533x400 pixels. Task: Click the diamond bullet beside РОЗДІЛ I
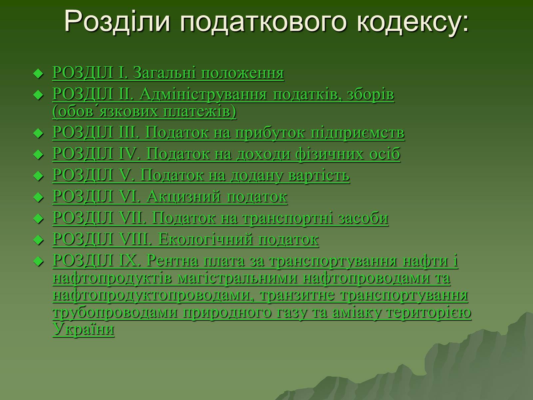38,73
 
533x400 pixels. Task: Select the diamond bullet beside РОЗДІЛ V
38,176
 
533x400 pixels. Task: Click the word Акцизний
184,197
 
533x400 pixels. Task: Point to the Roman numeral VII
132,218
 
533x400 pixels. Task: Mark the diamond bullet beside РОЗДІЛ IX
38,262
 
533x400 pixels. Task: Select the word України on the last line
83,329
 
